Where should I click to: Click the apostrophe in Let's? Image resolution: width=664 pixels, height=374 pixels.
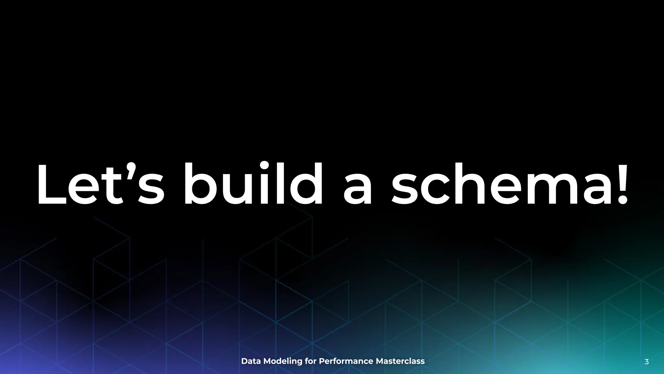[130, 169]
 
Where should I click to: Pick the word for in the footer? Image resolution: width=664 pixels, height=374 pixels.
[311, 361]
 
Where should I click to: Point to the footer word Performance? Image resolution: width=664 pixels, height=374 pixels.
[346, 361]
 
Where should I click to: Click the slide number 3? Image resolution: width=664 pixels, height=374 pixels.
[646, 362]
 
